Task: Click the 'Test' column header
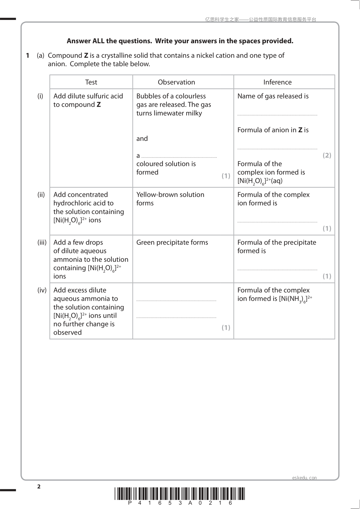(x=91, y=82)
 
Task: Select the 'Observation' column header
(x=176, y=82)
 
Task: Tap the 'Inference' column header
(x=277, y=82)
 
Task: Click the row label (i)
(x=40, y=96)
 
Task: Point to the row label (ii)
(x=41, y=195)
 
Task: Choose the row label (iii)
(x=42, y=242)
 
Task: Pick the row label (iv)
(x=42, y=290)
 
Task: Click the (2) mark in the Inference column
(x=327, y=155)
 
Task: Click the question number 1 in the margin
(x=28, y=56)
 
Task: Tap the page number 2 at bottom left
(x=39, y=486)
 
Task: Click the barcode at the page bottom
(x=180, y=494)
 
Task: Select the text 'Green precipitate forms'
(x=172, y=242)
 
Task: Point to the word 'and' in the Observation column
(x=142, y=139)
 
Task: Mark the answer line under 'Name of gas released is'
(x=277, y=115)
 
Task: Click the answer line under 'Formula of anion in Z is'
(x=277, y=149)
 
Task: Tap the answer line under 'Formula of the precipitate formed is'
(x=277, y=269)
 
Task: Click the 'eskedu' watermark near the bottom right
(x=299, y=478)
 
